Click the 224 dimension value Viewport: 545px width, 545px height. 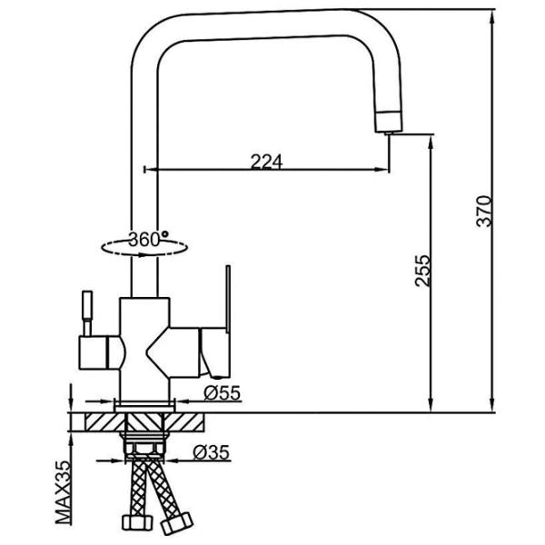(x=266, y=162)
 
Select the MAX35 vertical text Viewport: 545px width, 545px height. (x=64, y=490)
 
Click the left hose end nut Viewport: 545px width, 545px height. (x=128, y=524)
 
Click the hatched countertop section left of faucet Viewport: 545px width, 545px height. (x=95, y=422)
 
